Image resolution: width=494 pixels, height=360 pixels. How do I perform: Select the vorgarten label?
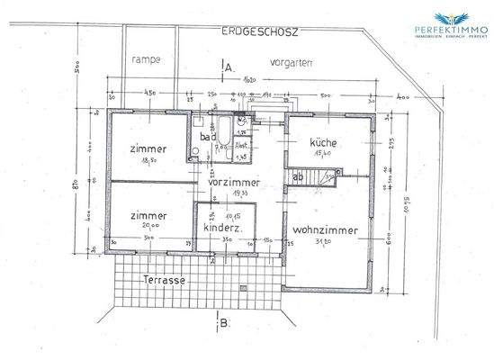click(x=290, y=64)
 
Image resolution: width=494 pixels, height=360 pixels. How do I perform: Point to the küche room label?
click(x=322, y=142)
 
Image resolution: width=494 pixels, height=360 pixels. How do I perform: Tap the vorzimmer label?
click(x=233, y=182)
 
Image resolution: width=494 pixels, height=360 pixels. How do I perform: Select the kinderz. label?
click(x=220, y=229)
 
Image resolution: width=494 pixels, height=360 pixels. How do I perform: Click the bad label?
click(x=207, y=139)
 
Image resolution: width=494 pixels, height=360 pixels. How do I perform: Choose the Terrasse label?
click(x=164, y=281)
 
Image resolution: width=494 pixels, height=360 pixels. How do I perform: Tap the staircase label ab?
click(x=297, y=177)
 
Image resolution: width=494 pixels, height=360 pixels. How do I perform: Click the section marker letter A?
click(x=229, y=67)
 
